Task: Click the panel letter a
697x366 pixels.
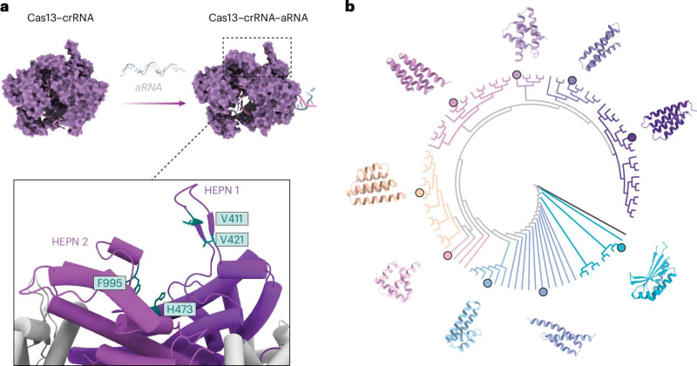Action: (6, 8)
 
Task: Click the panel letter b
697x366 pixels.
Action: (350, 8)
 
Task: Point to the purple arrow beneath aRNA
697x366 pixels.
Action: (152, 102)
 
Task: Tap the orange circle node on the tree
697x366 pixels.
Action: (420, 193)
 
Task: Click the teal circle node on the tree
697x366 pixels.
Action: (621, 249)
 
